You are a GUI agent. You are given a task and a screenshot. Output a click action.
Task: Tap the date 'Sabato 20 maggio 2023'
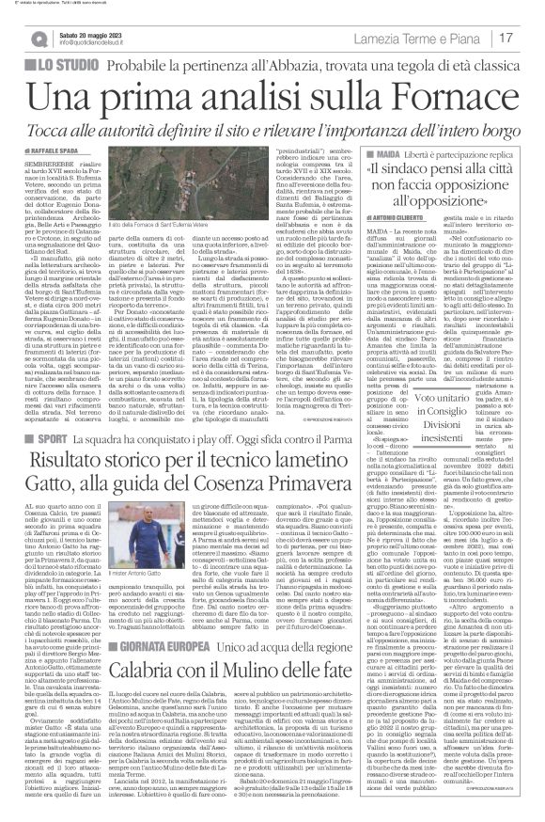click(x=93, y=33)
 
